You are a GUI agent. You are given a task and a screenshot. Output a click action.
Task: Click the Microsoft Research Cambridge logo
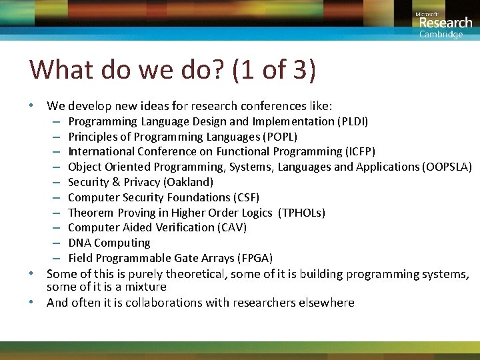tap(443, 24)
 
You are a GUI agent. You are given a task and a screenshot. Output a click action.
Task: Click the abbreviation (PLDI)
tap(354, 121)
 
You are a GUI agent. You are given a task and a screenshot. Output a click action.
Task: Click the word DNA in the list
tap(80, 243)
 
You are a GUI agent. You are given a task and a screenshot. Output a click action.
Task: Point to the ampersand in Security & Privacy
tap(116, 182)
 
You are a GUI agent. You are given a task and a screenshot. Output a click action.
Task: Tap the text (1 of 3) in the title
tap(274, 70)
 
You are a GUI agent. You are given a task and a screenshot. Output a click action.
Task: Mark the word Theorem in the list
tap(91, 213)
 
